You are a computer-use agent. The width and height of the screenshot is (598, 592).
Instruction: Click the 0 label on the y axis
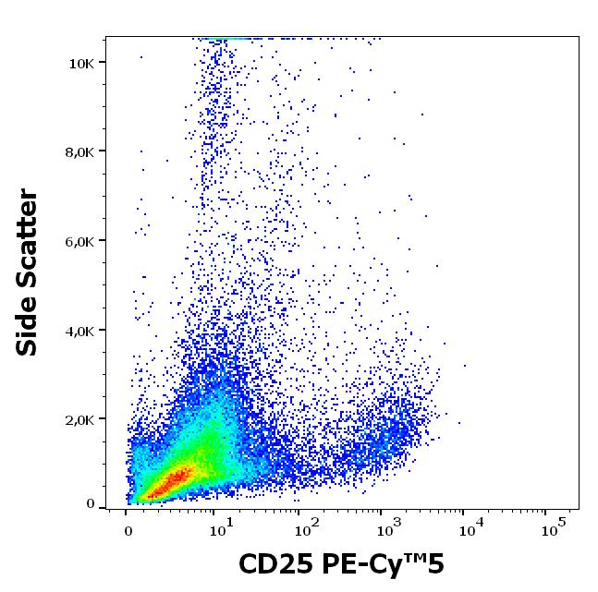(91, 504)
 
